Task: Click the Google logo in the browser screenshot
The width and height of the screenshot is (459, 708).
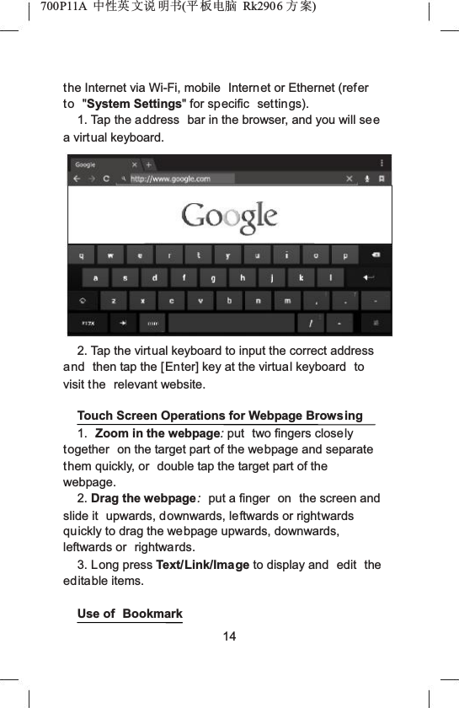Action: tap(229, 217)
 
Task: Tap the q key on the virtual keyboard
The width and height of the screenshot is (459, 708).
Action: tap(82, 255)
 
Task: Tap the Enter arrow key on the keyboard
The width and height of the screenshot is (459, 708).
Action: tap(369, 277)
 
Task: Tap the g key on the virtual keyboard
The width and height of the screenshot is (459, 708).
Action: tap(213, 277)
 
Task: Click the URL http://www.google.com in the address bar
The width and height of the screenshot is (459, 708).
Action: tap(170, 179)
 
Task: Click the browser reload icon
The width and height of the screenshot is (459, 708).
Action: tap(106, 179)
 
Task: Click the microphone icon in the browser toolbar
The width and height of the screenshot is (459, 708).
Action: tap(367, 179)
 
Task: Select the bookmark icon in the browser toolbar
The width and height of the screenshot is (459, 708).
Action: tap(382, 179)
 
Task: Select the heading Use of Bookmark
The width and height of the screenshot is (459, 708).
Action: tap(130, 614)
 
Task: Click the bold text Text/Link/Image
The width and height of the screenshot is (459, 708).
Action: tap(202, 565)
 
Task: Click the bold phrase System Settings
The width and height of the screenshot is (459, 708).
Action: tap(135, 105)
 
